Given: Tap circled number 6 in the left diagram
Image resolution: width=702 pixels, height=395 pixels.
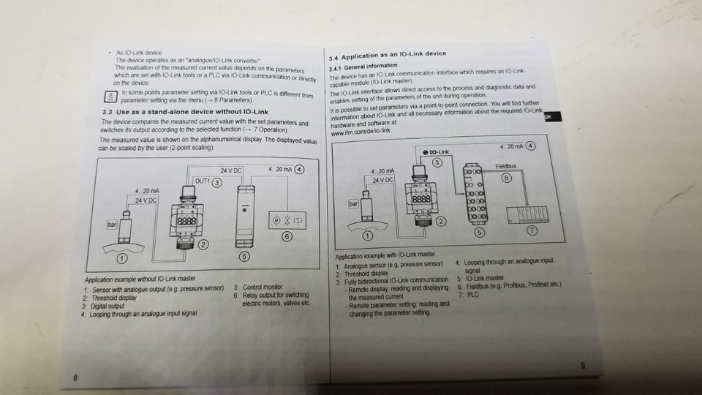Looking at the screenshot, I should coord(287,236).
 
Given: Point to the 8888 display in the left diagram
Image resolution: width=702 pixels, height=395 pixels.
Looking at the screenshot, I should coord(184,219).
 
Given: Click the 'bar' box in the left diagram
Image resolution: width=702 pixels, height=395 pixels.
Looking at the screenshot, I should coord(112,226).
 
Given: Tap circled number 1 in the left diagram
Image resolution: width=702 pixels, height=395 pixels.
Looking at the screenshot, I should coord(121,258).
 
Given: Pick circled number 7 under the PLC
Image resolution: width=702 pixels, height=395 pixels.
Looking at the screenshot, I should coord(532,231).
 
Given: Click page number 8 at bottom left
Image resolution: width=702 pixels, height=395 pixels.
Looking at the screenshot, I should coord(75,377).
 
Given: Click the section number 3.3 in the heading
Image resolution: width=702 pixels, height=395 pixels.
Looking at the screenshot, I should coord(106,111).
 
